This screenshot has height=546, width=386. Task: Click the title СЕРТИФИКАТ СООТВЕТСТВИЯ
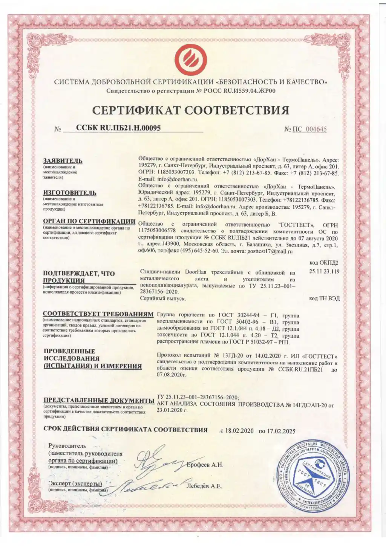(191, 110)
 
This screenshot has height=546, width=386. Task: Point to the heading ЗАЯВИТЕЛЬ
(63, 161)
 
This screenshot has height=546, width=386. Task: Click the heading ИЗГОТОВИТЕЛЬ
(69, 193)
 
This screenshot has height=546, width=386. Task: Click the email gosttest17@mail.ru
(270, 251)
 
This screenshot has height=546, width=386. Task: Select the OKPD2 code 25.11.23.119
(324, 271)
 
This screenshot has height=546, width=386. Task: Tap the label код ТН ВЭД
(324, 298)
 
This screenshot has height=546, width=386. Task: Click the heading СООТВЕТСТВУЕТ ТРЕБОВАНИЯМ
(98, 314)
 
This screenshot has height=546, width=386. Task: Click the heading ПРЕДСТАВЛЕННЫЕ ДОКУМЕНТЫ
(99, 400)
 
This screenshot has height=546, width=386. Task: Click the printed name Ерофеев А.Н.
(205, 465)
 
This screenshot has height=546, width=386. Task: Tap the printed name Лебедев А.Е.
(204, 486)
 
